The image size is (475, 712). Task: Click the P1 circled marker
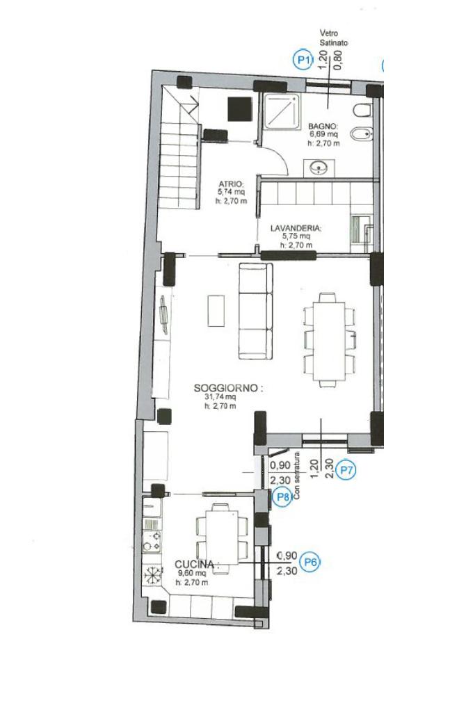pyautogui.click(x=303, y=60)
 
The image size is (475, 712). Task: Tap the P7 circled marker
pyautogui.click(x=346, y=469)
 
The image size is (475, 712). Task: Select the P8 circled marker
pyautogui.click(x=283, y=496)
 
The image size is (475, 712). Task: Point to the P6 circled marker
pyautogui.click(x=311, y=562)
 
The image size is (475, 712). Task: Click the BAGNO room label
pyautogui.click(x=323, y=126)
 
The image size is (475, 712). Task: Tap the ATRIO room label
pyautogui.click(x=232, y=184)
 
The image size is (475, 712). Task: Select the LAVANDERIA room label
pyautogui.click(x=296, y=228)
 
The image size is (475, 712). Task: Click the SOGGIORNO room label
pyautogui.click(x=228, y=388)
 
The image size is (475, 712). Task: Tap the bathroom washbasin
pyautogui.click(x=319, y=168)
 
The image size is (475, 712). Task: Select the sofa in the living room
pyautogui.click(x=256, y=311)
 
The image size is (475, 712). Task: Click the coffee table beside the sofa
pyautogui.click(x=216, y=311)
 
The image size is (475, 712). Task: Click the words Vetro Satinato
pyautogui.click(x=334, y=38)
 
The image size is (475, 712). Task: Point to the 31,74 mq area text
pyautogui.click(x=220, y=397)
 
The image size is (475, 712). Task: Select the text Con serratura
pyautogui.click(x=297, y=476)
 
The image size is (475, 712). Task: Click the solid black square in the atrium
pyautogui.click(x=240, y=109)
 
